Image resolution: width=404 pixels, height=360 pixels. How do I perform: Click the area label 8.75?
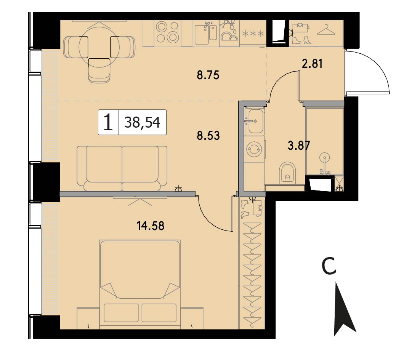[208, 75]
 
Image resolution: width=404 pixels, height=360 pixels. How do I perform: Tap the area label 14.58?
[151, 226]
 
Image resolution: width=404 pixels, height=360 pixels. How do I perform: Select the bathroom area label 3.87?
[299, 146]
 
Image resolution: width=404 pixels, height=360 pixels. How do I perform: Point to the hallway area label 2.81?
[312, 64]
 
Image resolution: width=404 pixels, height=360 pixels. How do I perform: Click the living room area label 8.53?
[208, 136]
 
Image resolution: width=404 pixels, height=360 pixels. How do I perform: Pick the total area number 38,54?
[143, 122]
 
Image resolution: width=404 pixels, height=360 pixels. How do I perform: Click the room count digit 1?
[108, 123]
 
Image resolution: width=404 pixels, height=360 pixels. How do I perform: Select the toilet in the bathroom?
[287, 173]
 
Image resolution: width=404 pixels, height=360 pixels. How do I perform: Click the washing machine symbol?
[254, 150]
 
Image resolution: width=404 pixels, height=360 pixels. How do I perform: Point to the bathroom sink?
[254, 121]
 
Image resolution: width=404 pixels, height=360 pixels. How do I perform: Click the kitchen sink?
[206, 34]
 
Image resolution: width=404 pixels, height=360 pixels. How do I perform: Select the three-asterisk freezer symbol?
[253, 34]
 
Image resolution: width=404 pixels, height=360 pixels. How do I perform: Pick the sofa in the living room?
[122, 168]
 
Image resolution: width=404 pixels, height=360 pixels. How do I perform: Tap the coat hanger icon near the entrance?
[326, 30]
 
